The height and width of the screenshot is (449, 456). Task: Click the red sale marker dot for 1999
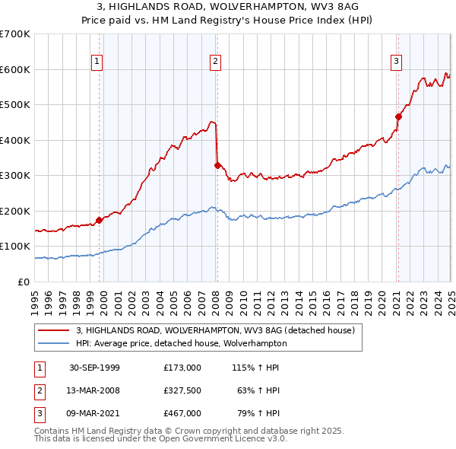[100, 220]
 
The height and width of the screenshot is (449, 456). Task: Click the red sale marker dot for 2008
[217, 165]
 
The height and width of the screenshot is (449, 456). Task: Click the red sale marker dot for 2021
[397, 116]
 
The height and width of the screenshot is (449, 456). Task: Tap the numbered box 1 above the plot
[98, 62]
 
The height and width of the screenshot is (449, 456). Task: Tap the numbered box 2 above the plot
[216, 62]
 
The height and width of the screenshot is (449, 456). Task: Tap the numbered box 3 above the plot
[396, 62]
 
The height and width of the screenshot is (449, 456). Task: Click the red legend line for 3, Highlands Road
[55, 330]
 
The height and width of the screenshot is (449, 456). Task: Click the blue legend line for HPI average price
[55, 343]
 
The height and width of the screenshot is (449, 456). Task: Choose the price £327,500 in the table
[182, 391]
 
